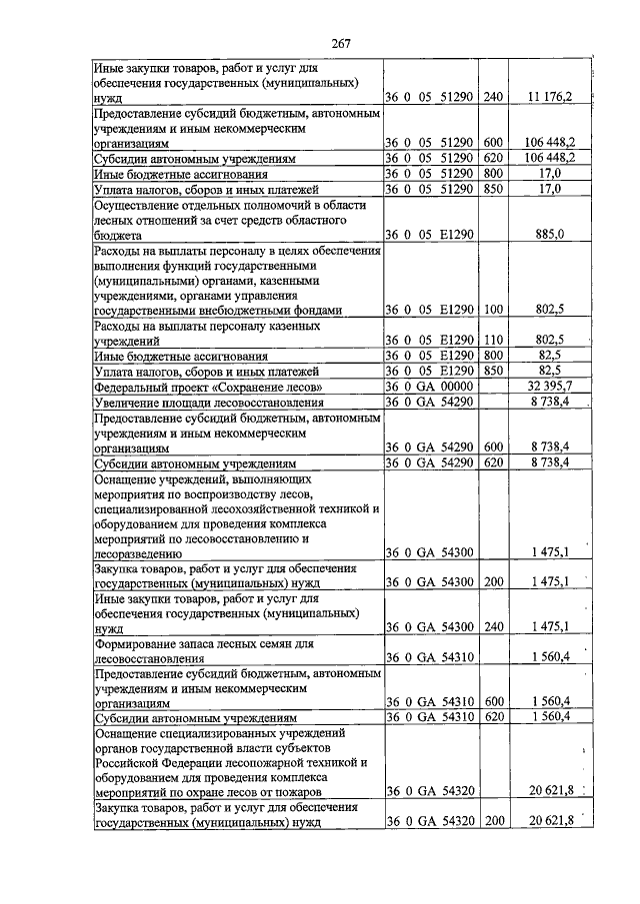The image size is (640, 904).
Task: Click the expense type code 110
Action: [x=491, y=339]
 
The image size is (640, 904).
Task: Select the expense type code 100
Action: [x=491, y=310]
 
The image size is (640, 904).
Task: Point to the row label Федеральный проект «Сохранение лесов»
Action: [x=208, y=386]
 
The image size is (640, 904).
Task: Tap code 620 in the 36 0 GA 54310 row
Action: [x=491, y=717]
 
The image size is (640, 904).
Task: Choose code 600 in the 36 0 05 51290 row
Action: [x=491, y=143]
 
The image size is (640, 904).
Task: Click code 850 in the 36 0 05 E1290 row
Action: [x=491, y=370]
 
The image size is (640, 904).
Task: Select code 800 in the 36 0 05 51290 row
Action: [x=491, y=173]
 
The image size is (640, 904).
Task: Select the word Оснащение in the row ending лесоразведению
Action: [x=127, y=480]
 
